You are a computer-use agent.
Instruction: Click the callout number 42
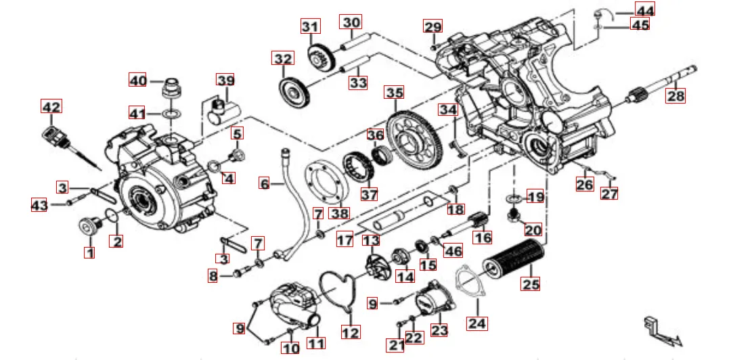tap(51, 107)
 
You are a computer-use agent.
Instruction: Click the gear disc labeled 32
tap(292, 87)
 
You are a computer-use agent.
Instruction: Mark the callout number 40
tap(138, 80)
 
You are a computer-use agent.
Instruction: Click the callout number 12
tap(351, 332)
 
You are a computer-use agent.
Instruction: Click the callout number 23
tap(440, 330)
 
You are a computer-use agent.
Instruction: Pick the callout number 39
tap(225, 81)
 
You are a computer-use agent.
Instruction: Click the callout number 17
tap(345, 240)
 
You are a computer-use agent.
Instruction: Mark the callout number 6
tap(264, 183)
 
